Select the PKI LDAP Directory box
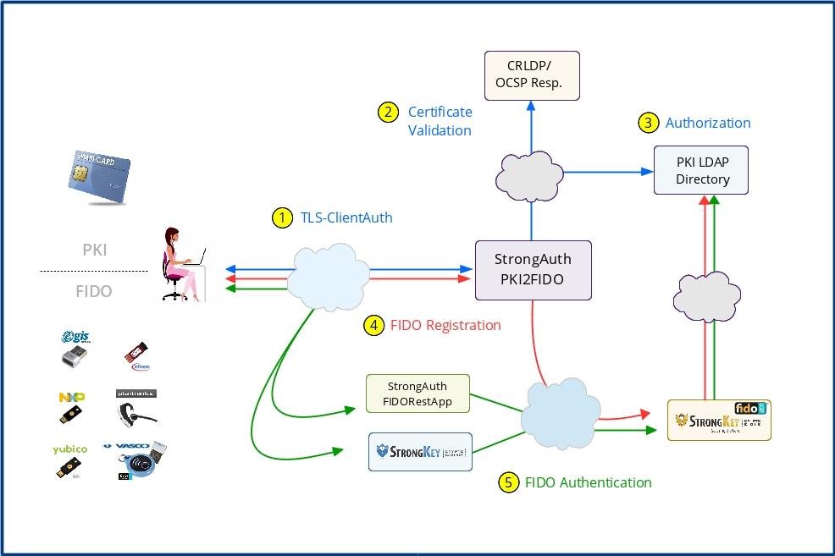click(x=702, y=170)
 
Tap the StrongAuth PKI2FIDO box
click(x=533, y=270)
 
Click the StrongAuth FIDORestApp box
click(x=417, y=394)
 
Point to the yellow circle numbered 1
click(x=281, y=217)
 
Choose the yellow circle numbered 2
click(x=388, y=112)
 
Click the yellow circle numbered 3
click(x=647, y=123)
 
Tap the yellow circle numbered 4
click(x=373, y=325)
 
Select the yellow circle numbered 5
click(x=508, y=482)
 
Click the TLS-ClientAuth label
click(x=346, y=217)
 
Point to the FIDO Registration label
click(x=445, y=325)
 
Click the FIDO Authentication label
click(x=588, y=482)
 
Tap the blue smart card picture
click(x=97, y=177)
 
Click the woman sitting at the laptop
click(x=182, y=263)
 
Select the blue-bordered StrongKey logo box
click(x=420, y=451)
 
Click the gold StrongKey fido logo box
click(x=719, y=420)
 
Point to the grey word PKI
click(x=94, y=250)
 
